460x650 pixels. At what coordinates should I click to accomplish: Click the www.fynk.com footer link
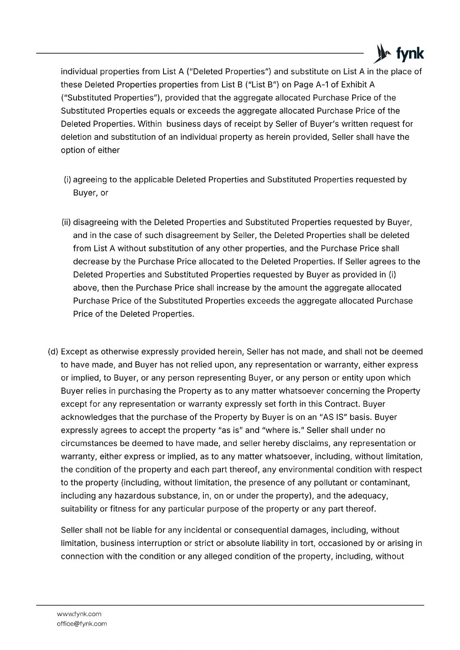(x=79, y=614)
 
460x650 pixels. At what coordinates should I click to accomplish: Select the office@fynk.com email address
(x=81, y=624)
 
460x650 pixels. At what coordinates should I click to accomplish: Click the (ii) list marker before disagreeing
(x=66, y=222)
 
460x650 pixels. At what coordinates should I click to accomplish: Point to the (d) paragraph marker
(x=53, y=351)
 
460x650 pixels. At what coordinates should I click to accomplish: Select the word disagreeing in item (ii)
(x=96, y=222)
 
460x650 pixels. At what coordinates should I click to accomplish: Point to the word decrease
(x=90, y=262)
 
